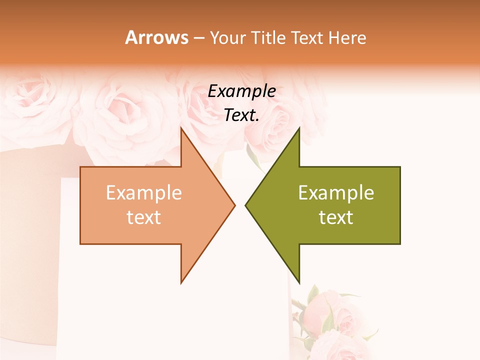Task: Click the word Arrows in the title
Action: (x=156, y=37)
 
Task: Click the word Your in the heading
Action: (x=228, y=38)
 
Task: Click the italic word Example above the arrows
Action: (x=242, y=91)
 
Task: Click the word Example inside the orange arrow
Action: (x=144, y=193)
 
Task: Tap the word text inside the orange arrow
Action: (x=144, y=217)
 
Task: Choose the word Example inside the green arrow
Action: (x=336, y=193)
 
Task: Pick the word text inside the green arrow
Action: (x=336, y=217)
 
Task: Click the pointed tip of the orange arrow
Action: (x=234, y=205)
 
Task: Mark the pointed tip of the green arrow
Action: (x=245, y=205)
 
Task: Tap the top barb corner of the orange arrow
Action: (x=181, y=128)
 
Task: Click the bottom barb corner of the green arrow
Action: (x=299, y=282)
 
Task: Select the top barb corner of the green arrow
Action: (x=299, y=128)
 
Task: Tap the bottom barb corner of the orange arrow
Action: (x=181, y=282)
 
